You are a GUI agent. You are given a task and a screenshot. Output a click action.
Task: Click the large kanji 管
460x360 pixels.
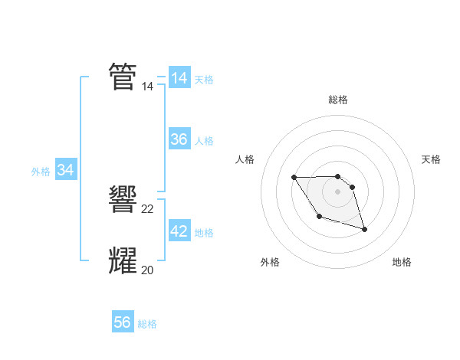tap(123, 77)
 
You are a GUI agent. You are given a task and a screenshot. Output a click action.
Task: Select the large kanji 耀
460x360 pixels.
tap(123, 260)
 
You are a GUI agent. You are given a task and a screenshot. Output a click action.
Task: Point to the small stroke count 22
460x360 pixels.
tap(148, 209)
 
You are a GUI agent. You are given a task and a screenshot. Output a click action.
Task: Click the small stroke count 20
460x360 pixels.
tap(148, 270)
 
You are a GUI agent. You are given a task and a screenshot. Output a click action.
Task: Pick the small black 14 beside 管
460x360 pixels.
tap(148, 87)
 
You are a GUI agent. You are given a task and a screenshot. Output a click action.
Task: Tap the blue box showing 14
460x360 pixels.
tap(179, 78)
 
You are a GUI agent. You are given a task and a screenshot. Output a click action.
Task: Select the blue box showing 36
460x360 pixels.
tap(179, 139)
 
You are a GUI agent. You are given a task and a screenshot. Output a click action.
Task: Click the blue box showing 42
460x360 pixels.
tap(179, 231)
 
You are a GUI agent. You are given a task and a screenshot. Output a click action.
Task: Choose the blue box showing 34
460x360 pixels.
tap(65, 170)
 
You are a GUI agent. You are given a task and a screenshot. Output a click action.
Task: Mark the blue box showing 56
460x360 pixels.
tap(123, 322)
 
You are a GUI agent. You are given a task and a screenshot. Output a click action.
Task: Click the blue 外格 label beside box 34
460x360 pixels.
tap(41, 172)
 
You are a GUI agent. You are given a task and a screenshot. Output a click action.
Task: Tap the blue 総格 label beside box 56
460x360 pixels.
tap(147, 324)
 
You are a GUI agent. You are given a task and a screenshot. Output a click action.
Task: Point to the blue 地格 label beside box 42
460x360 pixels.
tap(204, 232)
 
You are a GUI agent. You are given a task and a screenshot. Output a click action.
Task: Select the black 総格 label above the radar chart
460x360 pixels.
tap(338, 100)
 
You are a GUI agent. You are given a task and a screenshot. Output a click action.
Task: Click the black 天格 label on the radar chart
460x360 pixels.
tap(431, 159)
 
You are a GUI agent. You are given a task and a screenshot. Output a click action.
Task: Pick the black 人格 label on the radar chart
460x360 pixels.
tap(245, 159)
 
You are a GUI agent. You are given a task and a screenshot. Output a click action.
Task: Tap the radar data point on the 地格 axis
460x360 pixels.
tap(364, 229)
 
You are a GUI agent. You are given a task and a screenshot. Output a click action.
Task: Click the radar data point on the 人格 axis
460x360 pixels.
tap(294, 178)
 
